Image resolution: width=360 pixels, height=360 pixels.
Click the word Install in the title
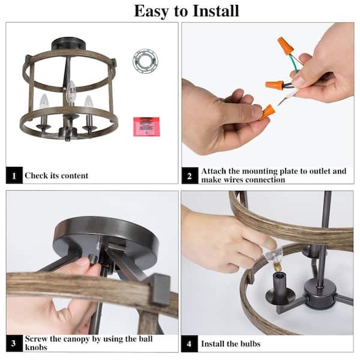(215, 11)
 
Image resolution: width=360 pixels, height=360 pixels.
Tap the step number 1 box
(14, 175)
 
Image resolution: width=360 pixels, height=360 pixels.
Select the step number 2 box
(190, 176)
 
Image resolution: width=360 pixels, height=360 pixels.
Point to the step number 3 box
(14, 343)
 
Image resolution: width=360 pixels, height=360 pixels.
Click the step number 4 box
(190, 344)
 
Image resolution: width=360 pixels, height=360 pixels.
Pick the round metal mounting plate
(145, 61)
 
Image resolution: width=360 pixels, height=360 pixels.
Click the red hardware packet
(146, 127)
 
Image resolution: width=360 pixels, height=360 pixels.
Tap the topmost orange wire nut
(286, 46)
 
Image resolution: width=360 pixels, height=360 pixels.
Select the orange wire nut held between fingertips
(266, 113)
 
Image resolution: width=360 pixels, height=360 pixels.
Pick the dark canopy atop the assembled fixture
(68, 44)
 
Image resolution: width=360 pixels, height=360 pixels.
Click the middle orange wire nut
(275, 85)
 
